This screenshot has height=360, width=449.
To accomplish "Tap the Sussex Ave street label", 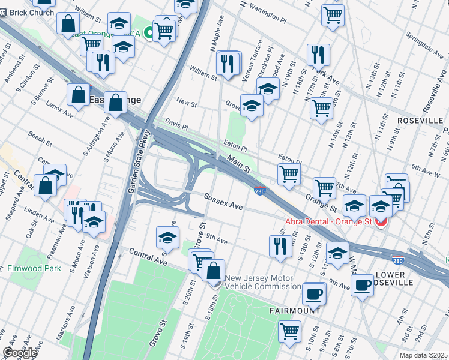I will click(x=223, y=202).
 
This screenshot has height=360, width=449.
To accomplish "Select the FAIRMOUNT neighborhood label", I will click(x=294, y=312).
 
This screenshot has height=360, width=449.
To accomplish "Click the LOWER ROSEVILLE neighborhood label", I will click(x=394, y=278).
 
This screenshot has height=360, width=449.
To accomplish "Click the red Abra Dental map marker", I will click(x=381, y=222).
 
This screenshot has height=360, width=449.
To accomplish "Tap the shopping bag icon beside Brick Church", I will click(x=69, y=23).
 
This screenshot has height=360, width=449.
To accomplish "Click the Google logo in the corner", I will click(x=20, y=353).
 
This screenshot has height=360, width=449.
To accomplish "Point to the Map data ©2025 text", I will click(x=423, y=355).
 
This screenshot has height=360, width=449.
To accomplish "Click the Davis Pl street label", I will click(x=177, y=124).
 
